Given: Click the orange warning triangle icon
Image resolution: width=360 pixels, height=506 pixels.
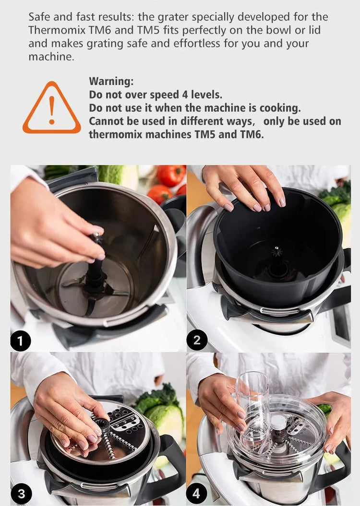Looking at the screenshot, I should click(x=51, y=109).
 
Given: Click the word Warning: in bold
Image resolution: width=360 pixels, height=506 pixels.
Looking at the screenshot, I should click(x=111, y=81).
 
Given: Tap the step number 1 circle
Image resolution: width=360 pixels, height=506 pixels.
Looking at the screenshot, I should click(x=21, y=341).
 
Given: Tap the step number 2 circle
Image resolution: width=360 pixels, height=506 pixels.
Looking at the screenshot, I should click(x=197, y=341).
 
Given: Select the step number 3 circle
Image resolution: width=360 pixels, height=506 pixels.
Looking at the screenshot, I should click(x=21, y=494).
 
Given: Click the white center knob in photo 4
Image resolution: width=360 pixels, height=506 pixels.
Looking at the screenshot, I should click(x=278, y=422).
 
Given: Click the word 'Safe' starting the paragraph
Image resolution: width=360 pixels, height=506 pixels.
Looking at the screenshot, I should click(x=39, y=17).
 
